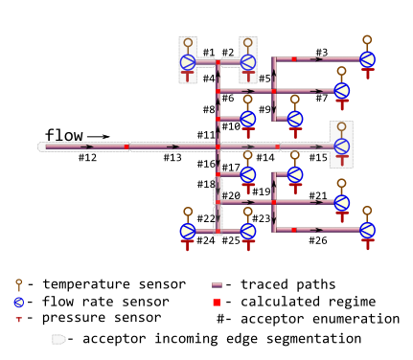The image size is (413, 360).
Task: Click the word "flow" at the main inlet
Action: coord(65,134)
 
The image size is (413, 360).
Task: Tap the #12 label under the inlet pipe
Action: coord(87,158)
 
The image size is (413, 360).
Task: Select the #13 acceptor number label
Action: coord(172,158)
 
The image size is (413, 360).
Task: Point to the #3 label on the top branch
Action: coord(321,52)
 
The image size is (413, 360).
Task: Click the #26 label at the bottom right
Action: coord(318,240)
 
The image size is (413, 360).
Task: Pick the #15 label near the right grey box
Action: coord(318,157)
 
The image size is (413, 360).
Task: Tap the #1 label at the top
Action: coord(208,52)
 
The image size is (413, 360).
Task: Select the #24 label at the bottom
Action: coord(206,240)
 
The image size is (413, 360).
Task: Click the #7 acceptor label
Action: coord(321,98)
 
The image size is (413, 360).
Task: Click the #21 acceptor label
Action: coord(318,196)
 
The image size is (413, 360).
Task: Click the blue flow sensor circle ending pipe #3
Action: coord(367,59)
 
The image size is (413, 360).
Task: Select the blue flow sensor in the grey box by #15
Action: coord(341,146)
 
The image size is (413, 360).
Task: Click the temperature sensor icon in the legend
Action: coord(18,284)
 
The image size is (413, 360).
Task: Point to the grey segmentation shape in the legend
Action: coord(59,339)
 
